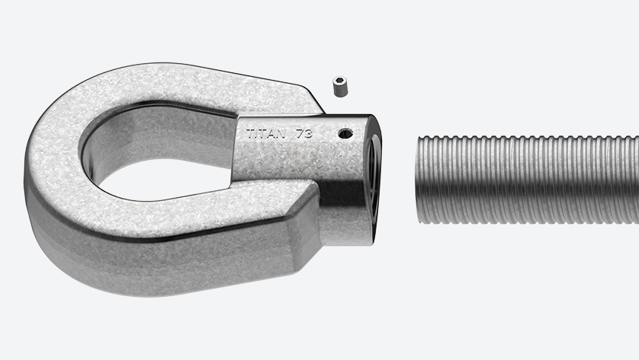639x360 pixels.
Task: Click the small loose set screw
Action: (x=339, y=87)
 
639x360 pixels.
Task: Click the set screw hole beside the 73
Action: (x=345, y=133)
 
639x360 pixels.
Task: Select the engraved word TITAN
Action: (x=266, y=134)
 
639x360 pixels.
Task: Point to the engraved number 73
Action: (x=304, y=133)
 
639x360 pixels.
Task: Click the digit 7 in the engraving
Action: (x=300, y=133)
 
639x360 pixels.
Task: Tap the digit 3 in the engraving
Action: (x=309, y=133)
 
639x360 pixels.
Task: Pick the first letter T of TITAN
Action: (x=250, y=134)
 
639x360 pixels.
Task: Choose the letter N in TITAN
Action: (x=281, y=134)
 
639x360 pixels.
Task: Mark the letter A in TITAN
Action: (x=272, y=134)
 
